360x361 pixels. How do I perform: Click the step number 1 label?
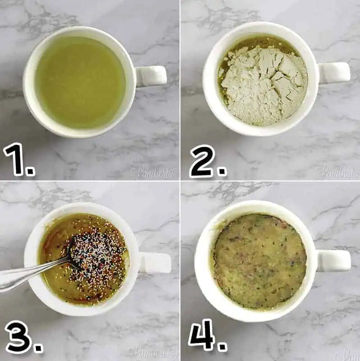pos(14,158)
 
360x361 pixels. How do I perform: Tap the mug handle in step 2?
pos(334,73)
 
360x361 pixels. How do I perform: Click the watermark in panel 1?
pos(153,172)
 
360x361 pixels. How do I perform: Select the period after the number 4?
pos(222,347)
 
